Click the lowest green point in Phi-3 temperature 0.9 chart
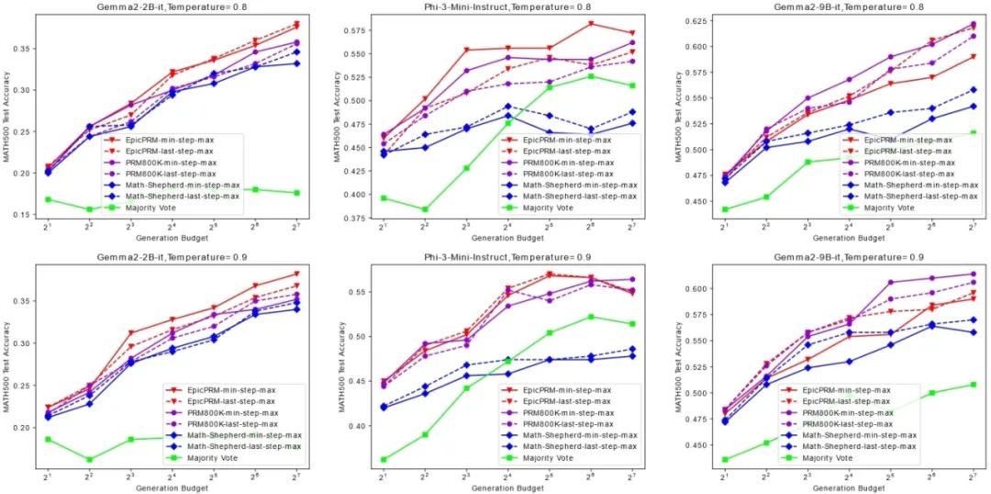(x=383, y=459)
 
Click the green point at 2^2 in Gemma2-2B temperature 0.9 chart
(x=89, y=460)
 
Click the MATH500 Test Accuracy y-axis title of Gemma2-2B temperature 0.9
(x=7, y=367)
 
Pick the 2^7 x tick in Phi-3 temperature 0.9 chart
(x=632, y=476)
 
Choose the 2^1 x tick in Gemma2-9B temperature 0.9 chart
(x=725, y=476)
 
